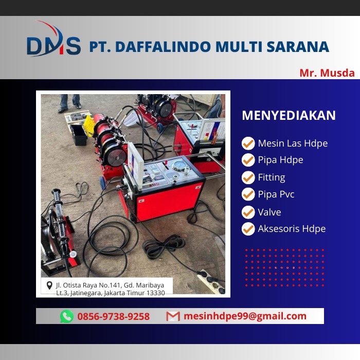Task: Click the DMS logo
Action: pos(53,45)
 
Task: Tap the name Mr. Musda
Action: pos(327,73)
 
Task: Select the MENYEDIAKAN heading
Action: pos(289,116)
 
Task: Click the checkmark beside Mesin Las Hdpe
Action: pos(248,143)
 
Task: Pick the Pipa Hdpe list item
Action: pos(280,160)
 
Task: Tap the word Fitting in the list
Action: pos(272,177)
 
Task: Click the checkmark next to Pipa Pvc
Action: pos(248,194)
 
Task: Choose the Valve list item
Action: pos(269,212)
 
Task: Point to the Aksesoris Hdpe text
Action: pos(292,229)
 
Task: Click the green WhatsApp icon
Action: pos(67,316)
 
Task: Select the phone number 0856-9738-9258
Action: pos(113,316)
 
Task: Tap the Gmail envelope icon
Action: pos(173,316)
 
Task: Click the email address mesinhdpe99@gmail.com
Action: pos(245,316)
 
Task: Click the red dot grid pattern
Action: pos(284,267)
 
